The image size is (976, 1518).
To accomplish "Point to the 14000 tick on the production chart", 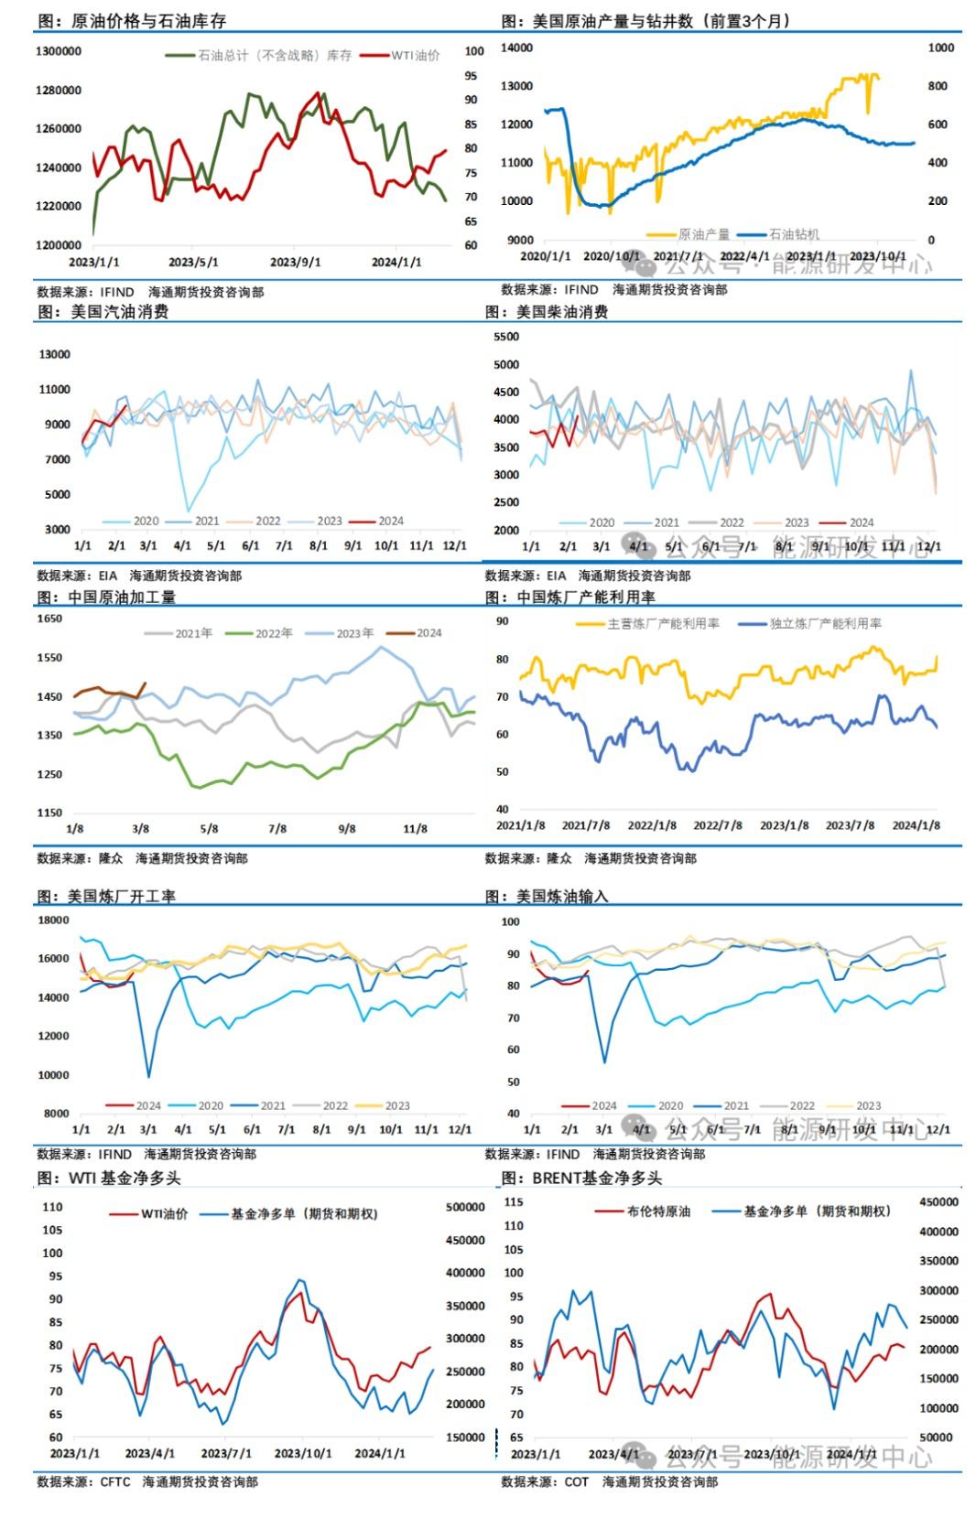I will point(517,48).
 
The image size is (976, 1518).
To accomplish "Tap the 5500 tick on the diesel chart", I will point(506,337).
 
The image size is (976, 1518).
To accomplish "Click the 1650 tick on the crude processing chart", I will point(49,619).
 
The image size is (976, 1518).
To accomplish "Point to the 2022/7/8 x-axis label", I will point(718,825).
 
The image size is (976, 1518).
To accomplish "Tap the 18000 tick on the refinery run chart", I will point(53,920).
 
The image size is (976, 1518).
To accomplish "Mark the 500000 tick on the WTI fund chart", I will point(465,1208).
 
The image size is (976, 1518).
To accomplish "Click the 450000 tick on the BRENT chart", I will point(938,1202).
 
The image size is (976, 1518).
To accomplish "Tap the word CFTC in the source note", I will point(115,1482).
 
